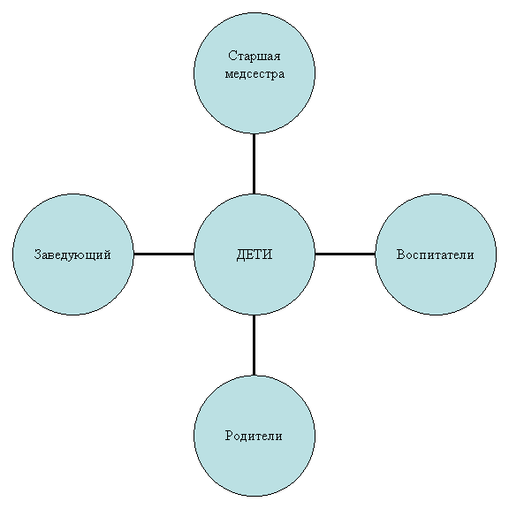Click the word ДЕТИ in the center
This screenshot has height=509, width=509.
[254, 254]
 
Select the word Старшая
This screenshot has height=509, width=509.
[254, 57]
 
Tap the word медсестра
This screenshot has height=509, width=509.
[254, 74]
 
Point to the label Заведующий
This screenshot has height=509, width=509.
[72, 254]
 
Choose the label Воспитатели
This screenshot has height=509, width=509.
[435, 254]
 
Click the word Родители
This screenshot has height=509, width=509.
[254, 436]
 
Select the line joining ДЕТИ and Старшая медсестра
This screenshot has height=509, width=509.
[254, 164]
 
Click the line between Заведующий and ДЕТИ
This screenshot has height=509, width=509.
[163, 254]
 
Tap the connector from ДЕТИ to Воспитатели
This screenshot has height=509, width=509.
[345, 254]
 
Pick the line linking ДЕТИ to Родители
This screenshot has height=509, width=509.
[254, 345]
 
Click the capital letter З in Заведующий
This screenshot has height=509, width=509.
[38, 254]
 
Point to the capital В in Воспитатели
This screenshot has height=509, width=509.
[400, 254]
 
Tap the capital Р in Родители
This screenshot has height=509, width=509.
[229, 436]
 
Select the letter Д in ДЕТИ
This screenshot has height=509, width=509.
[240, 255]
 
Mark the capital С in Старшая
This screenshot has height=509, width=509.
[232, 56]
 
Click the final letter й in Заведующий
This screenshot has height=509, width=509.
[107, 254]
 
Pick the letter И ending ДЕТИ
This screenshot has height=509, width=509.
[268, 254]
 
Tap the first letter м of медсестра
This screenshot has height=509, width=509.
[229, 74]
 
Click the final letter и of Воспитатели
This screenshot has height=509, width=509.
[470, 256]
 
